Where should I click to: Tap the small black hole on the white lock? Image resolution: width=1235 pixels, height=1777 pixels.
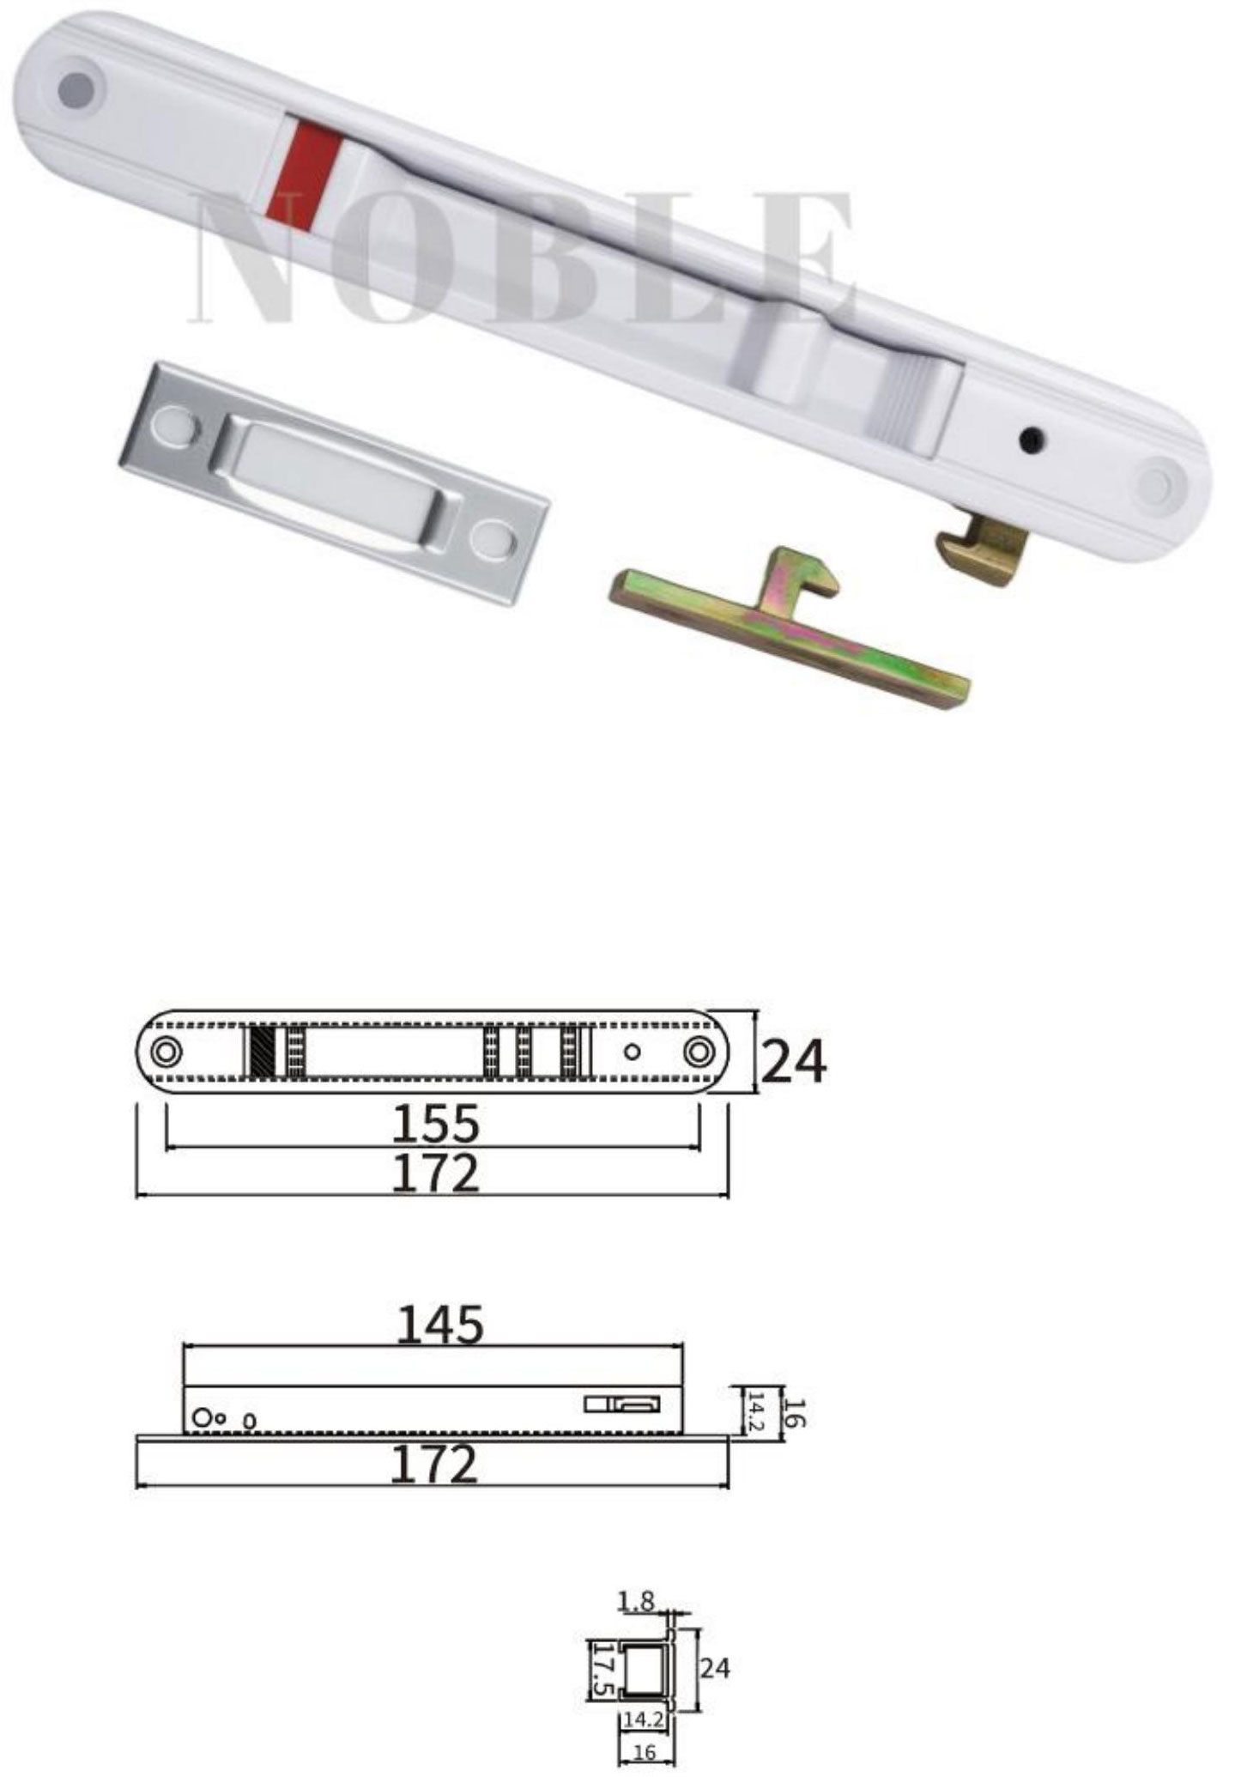coord(1027,440)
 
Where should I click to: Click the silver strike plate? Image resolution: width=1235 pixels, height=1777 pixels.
coord(332,483)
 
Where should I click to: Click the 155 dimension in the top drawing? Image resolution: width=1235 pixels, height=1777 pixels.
coord(435,1124)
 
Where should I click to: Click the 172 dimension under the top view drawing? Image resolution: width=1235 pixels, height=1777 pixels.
coord(435,1174)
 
